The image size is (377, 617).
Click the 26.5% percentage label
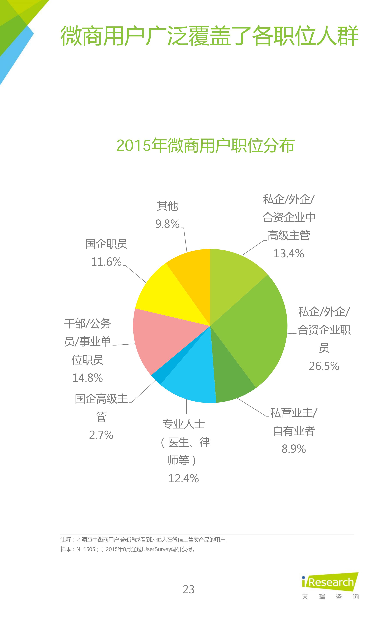point(324,366)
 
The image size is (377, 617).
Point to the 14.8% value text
point(88,378)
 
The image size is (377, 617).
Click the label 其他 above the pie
point(167,206)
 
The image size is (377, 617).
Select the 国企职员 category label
point(106,244)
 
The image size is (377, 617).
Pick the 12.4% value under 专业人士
point(183,478)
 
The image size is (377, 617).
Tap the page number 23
point(188,589)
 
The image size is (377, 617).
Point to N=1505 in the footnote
point(86,549)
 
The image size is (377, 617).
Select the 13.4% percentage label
point(289,253)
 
